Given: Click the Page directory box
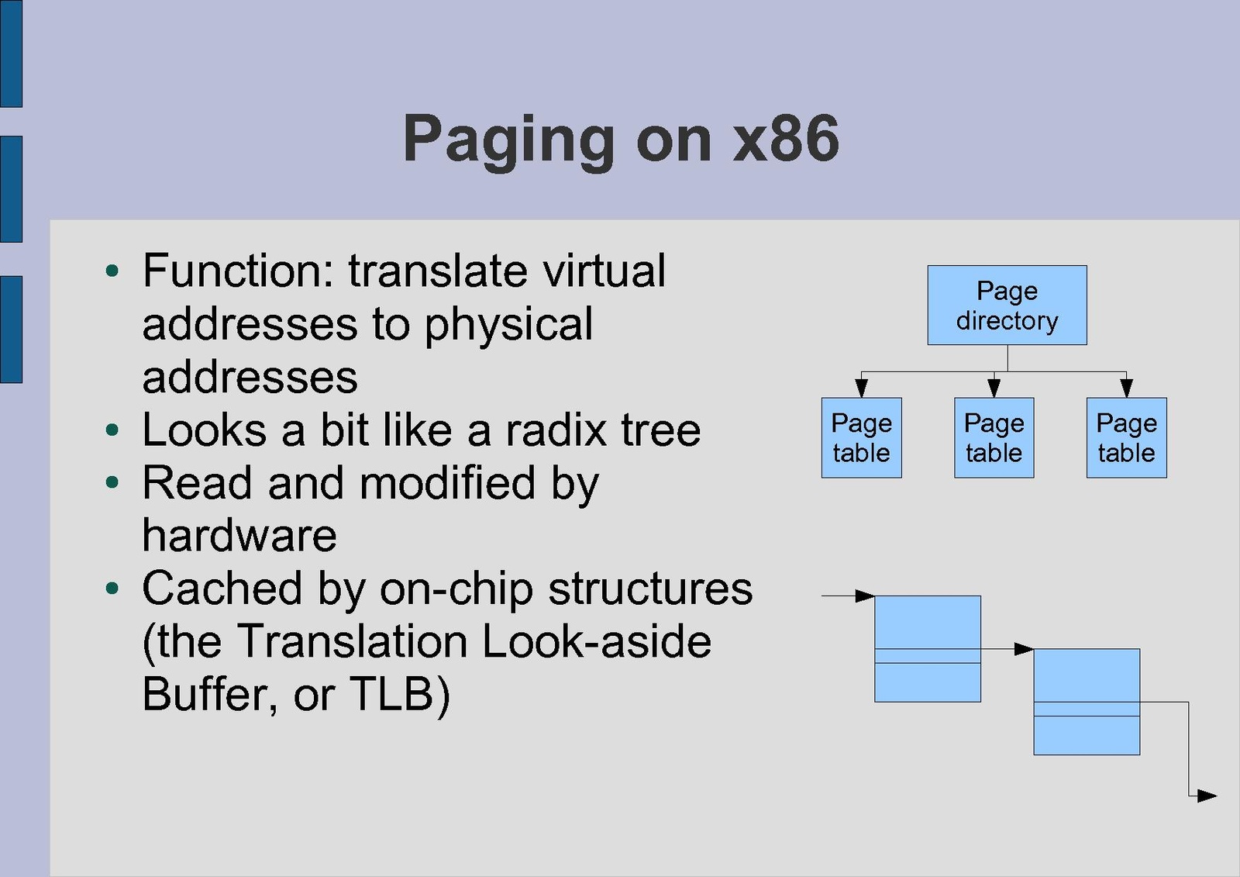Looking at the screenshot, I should click(1007, 305).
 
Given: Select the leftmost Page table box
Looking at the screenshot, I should click(861, 437).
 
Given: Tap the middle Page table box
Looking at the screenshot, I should click(994, 437).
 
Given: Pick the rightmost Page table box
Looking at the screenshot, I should click(1126, 437).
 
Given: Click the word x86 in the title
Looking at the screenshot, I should click(786, 139).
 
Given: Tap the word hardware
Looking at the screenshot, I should click(239, 536).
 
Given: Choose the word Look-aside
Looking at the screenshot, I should click(596, 641).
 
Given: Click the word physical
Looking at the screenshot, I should click(508, 324).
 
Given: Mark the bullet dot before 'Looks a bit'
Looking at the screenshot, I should click(113, 430).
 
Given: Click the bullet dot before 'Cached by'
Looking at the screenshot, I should click(113, 589).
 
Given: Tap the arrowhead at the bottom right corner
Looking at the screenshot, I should click(1207, 796).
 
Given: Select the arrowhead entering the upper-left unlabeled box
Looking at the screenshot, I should click(865, 596).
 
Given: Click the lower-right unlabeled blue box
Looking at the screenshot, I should click(1087, 701).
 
